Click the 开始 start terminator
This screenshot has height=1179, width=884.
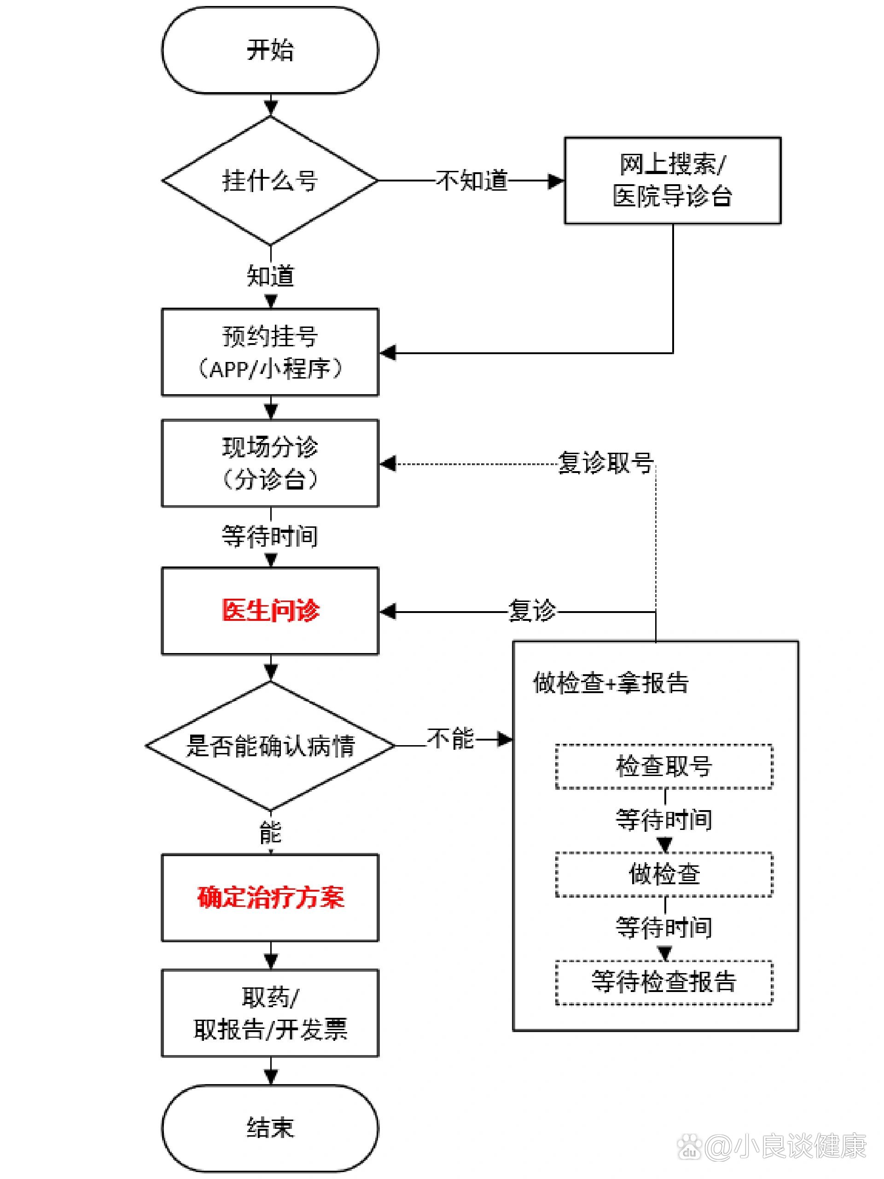[x=270, y=50]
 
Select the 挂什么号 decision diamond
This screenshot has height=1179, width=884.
[x=270, y=180]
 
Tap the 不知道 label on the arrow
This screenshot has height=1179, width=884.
[x=471, y=181]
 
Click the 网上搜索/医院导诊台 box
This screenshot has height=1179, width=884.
[x=673, y=180]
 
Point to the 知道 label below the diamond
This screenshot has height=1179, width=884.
[x=270, y=276]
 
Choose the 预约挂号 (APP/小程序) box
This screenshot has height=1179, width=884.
[x=270, y=352]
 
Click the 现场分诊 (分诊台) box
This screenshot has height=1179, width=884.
[x=270, y=463]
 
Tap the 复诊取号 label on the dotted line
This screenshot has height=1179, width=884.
[x=605, y=463]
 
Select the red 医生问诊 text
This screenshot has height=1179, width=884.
[x=270, y=610]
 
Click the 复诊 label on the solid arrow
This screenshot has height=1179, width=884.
[x=532, y=611]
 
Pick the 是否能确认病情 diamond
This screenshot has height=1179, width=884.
[x=270, y=746]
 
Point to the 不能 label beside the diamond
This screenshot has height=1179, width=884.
[x=451, y=739]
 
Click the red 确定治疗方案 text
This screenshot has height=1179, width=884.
[x=270, y=897]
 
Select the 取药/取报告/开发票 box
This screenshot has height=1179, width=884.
[x=270, y=1013]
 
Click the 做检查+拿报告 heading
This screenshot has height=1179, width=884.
[x=611, y=683]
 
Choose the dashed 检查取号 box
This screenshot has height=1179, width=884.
[x=664, y=766]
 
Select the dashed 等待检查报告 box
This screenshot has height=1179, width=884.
[x=664, y=982]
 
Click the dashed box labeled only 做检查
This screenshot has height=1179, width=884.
[x=664, y=874]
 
